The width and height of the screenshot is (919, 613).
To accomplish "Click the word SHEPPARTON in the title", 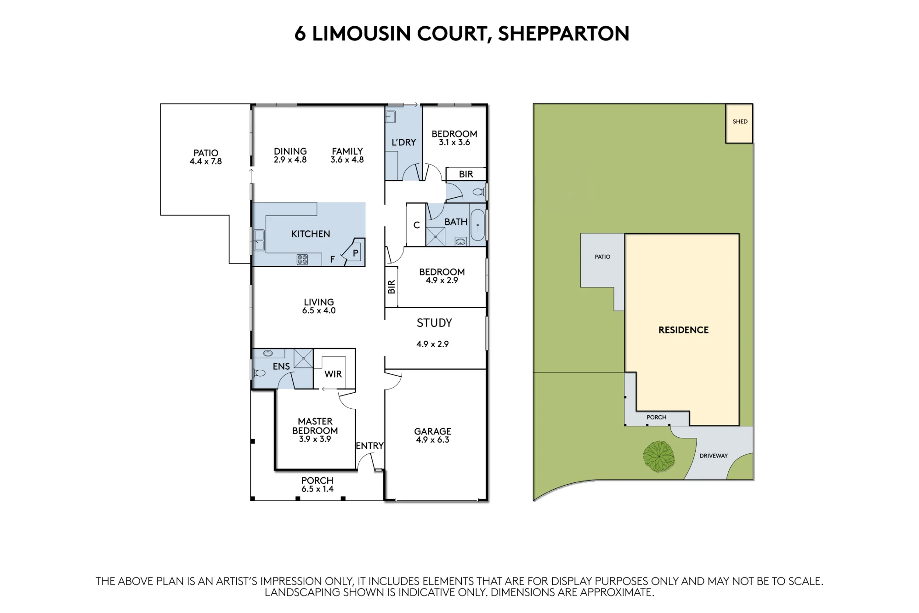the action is [564, 34].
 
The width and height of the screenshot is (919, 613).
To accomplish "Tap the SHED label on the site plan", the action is [740, 121].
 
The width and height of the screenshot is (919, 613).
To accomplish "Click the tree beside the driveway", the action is [658, 456].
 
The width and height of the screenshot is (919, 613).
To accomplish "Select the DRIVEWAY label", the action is [714, 456].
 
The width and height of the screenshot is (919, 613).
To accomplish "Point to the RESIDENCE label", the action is [683, 330].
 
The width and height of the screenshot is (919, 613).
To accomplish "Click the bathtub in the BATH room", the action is [478, 225].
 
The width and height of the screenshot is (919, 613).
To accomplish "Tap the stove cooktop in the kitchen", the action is [302, 259].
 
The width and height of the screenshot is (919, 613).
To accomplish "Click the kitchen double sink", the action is [260, 240].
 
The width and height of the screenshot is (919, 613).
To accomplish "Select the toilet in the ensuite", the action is [259, 372].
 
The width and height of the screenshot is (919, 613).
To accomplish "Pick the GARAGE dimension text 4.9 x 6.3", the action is [432, 440].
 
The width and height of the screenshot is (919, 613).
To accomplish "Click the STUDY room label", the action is [434, 323].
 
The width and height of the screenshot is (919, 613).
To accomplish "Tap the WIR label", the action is [333, 374].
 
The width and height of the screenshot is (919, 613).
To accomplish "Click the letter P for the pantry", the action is [355, 253].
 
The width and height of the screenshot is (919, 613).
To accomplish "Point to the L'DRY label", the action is [403, 143].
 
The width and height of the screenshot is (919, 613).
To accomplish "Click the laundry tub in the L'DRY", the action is [391, 116].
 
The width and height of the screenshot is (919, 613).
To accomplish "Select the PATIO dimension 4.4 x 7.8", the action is [206, 161].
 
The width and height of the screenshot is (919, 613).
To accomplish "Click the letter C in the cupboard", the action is [416, 225].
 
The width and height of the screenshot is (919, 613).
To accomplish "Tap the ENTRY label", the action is [369, 446].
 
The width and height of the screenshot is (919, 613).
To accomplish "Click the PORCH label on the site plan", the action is [656, 417].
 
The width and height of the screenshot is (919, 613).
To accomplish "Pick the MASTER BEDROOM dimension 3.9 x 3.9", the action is [315, 439].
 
